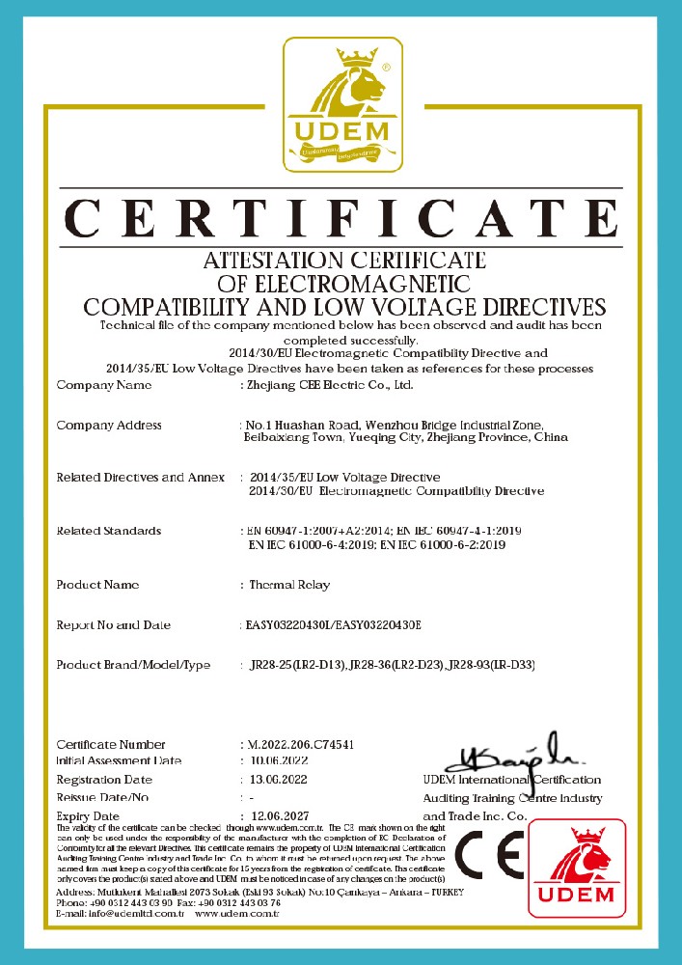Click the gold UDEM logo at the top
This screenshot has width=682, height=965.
[x=341, y=102]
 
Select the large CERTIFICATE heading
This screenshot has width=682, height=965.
[x=341, y=218]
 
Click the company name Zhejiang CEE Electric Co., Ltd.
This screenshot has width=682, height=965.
[x=330, y=386]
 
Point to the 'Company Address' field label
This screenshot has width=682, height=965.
[x=109, y=426]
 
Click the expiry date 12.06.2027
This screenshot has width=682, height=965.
[x=280, y=816]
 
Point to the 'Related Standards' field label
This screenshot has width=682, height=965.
[x=109, y=532]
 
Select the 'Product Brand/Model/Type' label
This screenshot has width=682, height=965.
[x=133, y=666]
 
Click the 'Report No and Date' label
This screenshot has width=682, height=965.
[x=114, y=625]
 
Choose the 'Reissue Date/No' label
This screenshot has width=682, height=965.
[x=103, y=798]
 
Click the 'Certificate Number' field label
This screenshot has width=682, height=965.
[x=111, y=745]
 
